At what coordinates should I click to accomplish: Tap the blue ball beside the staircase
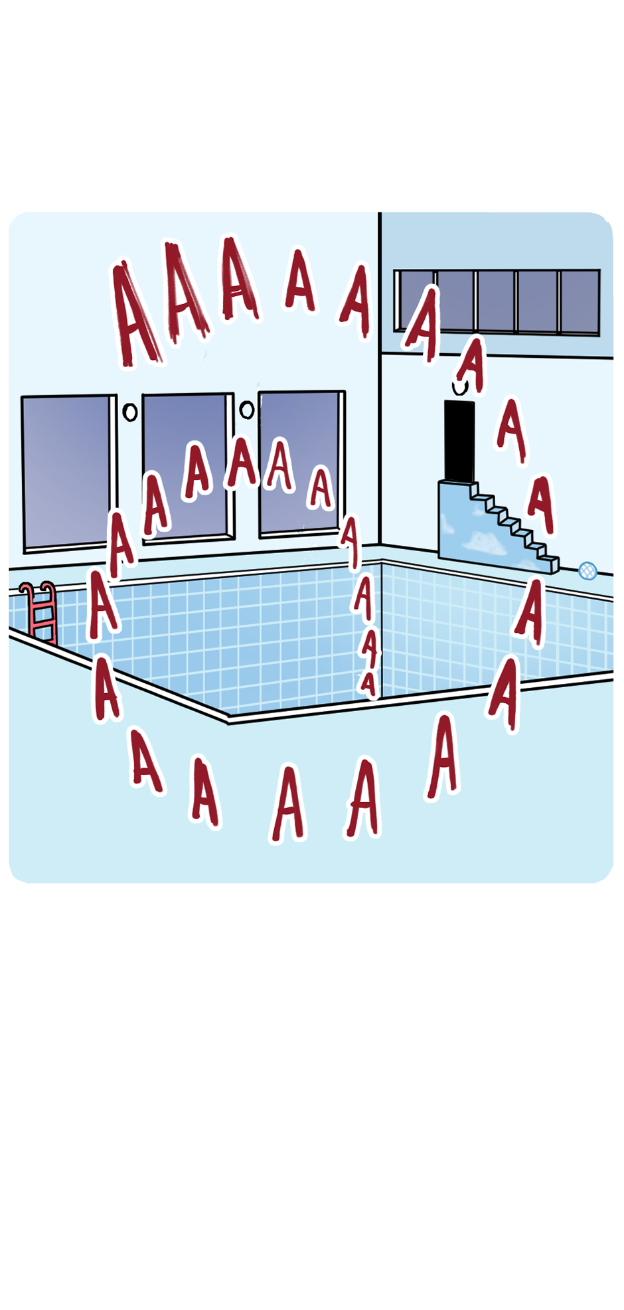(587, 570)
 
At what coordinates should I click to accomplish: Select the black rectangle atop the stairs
(459, 441)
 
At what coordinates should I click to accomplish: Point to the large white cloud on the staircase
(484, 544)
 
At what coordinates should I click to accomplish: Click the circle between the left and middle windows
(130, 412)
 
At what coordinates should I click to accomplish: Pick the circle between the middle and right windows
(247, 410)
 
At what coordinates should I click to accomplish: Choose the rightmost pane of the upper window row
(580, 301)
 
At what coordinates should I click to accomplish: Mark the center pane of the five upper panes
(497, 301)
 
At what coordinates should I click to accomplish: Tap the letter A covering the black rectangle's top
(472, 365)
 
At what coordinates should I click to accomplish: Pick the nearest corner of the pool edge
(228, 719)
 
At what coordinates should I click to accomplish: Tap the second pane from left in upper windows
(455, 301)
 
